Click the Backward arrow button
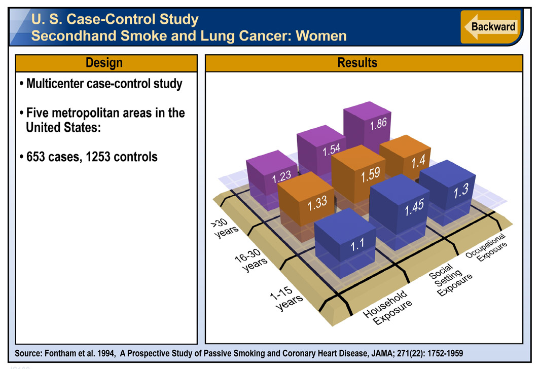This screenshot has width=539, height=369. click(489, 27)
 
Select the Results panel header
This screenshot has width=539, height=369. click(364, 63)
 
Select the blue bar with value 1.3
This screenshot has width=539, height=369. click(448, 191)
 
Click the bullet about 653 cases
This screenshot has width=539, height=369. click(89, 157)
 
